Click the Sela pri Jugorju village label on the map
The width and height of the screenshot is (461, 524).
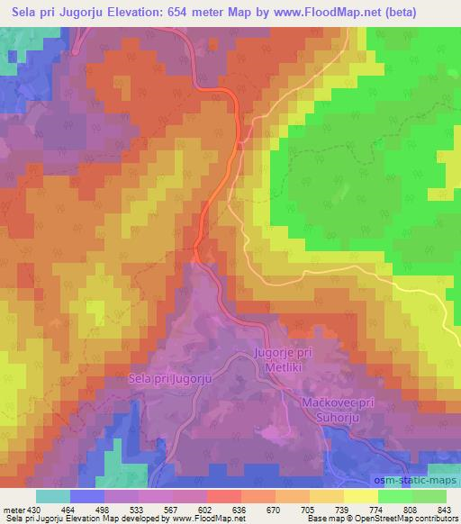169,379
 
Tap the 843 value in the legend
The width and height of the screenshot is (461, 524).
442,508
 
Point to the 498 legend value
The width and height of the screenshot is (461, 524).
103,508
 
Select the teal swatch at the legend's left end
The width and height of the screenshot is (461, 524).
51,495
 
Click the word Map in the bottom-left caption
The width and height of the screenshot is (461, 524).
116,519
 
